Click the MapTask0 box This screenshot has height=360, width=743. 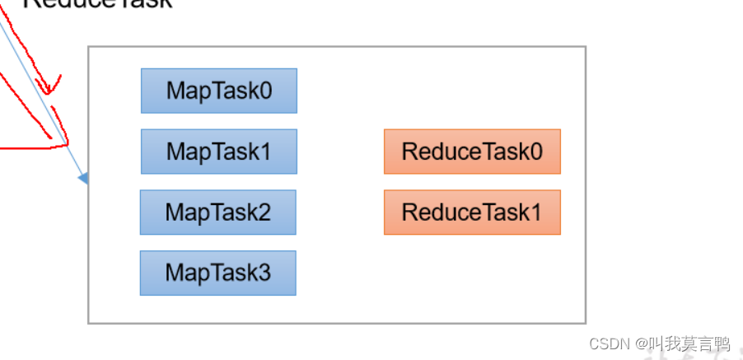218,91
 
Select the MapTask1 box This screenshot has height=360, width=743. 218,152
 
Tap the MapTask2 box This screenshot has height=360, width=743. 217,213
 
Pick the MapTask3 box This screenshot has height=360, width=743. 217,273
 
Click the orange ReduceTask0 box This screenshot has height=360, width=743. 472,152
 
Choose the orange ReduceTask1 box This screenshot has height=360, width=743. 472,213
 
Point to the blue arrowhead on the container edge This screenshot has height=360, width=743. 83,177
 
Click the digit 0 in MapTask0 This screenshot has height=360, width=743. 264,91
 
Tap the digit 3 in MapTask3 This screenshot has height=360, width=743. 264,273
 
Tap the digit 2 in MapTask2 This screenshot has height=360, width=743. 264,213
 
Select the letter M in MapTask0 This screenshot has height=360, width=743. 175,91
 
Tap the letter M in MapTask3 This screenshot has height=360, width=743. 175,273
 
